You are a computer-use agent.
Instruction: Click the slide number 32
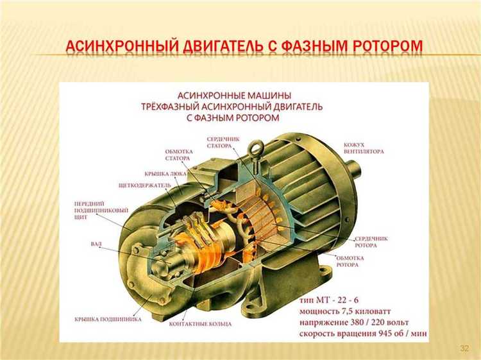(465, 348)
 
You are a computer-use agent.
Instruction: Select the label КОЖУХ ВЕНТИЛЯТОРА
(364, 148)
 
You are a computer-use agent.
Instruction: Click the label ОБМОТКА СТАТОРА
(178, 155)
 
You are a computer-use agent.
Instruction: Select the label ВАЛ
(96, 244)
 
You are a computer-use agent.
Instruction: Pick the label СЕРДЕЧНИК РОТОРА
(371, 241)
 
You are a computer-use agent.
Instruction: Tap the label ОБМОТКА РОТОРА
(351, 261)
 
